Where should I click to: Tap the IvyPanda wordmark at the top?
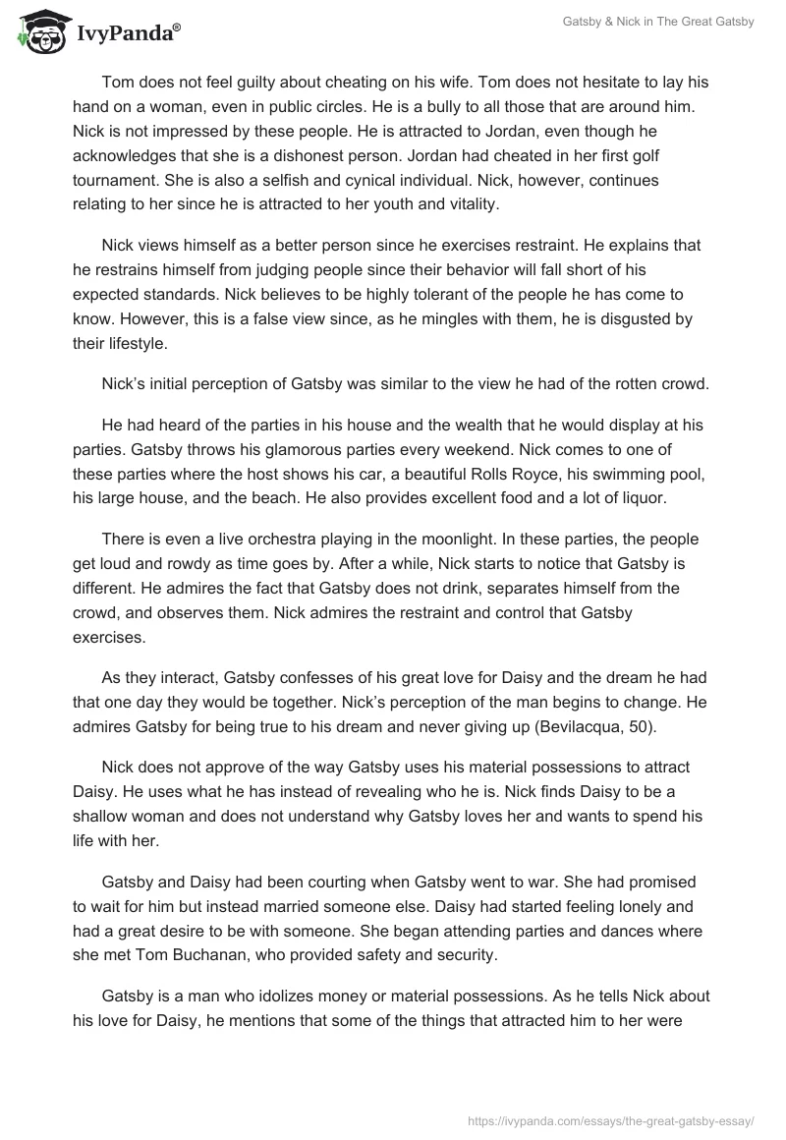[129, 33]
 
